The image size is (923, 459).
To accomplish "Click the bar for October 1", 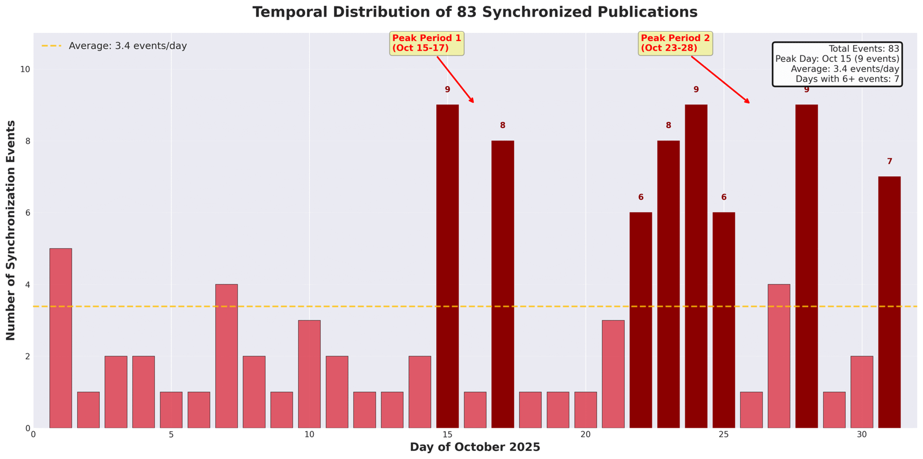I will [x=61, y=338].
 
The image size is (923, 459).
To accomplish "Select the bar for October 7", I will [x=226, y=356].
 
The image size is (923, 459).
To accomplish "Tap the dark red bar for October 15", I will [x=447, y=266].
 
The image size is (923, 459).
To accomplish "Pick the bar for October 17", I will [x=502, y=284].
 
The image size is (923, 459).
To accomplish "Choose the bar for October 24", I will [x=696, y=266].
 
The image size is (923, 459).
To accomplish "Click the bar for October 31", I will [x=889, y=302].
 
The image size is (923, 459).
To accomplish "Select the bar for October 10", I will [x=309, y=374].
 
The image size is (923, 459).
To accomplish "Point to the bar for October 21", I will [x=613, y=374].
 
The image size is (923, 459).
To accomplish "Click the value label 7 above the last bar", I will [x=890, y=162].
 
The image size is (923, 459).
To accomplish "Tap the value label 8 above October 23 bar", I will [x=669, y=126].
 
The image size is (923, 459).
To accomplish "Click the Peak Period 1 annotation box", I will [x=427, y=43].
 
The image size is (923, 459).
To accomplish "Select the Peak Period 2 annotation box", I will [x=676, y=43].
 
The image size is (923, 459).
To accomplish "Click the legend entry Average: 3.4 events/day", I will [x=127, y=46].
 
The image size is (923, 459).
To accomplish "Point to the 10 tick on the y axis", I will [x=25, y=69].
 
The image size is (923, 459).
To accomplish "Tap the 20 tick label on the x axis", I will [x=585, y=434].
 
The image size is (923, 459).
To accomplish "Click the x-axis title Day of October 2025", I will [x=475, y=447].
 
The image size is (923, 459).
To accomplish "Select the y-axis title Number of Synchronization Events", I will [x=11, y=230].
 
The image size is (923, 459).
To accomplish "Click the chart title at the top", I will [x=475, y=12].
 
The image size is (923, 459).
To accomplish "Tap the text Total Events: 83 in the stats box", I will [x=864, y=49].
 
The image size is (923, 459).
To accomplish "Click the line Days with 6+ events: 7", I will [x=847, y=79].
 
